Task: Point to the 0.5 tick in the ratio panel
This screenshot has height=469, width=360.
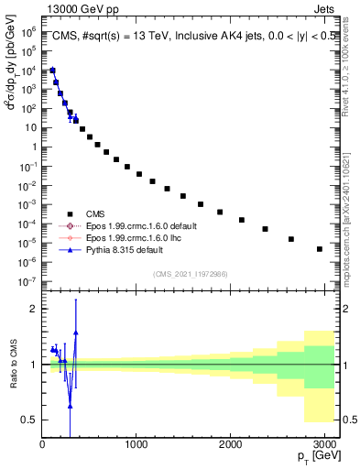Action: [29, 420]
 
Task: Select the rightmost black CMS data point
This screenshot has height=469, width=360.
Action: [319, 249]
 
